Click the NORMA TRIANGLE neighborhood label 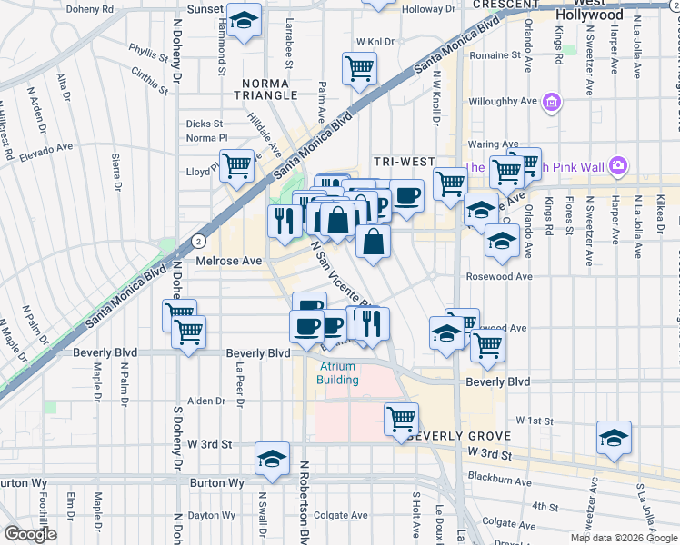click(265, 89)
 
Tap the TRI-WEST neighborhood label click(405, 162)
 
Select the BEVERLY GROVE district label click(454, 436)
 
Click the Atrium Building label click(337, 373)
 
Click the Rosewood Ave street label click(499, 276)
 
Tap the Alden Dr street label click(206, 401)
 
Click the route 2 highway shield click(197, 241)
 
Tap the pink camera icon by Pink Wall click(618, 165)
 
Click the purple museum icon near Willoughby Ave click(551, 102)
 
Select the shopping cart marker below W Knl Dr click(360, 67)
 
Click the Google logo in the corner click(30, 534)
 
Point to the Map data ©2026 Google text click(623, 538)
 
